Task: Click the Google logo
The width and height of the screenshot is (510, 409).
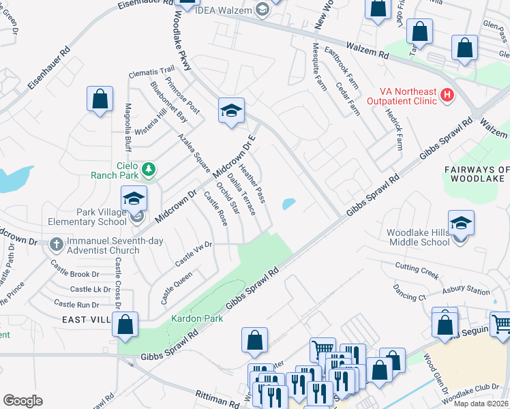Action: (22, 400)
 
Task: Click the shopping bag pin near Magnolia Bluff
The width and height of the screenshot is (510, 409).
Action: (100, 100)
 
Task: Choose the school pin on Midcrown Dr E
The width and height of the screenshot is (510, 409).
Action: (231, 111)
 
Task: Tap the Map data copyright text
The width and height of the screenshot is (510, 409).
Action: (480, 404)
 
